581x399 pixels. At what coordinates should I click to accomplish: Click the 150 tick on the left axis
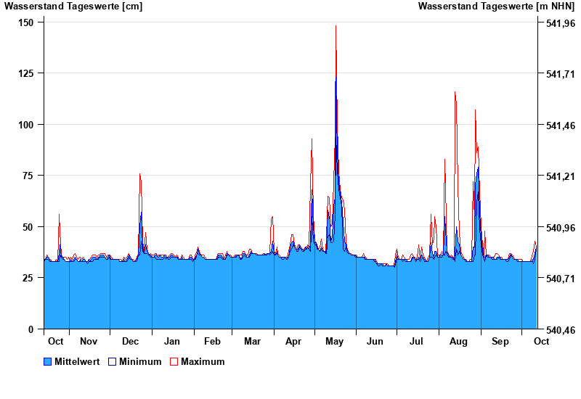[26, 22]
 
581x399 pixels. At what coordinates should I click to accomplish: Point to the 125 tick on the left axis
[26, 73]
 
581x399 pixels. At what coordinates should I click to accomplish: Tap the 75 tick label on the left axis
[29, 176]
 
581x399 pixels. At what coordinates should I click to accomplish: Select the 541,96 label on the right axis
[560, 23]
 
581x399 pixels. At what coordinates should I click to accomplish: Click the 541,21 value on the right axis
[560, 176]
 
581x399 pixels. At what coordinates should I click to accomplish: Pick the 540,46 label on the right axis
[560, 329]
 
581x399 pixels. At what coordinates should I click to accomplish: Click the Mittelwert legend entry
[77, 361]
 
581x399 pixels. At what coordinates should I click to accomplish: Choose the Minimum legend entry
[140, 361]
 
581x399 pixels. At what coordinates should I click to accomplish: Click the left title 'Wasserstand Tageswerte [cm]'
[73, 7]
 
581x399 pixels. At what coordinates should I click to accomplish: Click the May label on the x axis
[335, 341]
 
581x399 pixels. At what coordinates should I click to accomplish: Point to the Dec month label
[131, 341]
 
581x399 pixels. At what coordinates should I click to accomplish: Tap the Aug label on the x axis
[458, 341]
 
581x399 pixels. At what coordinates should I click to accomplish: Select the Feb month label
[212, 341]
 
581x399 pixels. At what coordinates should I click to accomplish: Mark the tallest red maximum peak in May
[336, 26]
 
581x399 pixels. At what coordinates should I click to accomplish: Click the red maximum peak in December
[139, 174]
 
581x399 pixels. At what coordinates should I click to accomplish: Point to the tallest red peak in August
[455, 92]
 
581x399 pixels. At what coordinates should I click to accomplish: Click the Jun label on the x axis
[375, 341]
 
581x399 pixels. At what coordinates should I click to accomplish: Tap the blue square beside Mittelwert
[48, 361]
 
